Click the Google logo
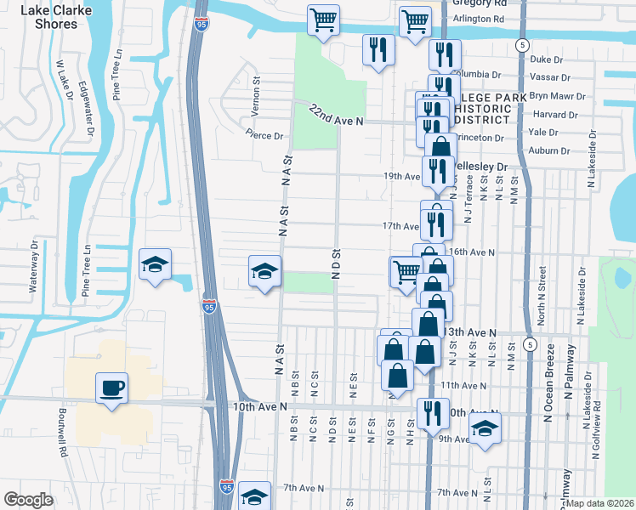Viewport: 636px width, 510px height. pyautogui.click(x=28, y=500)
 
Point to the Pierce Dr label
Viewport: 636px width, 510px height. pyautogui.click(x=264, y=135)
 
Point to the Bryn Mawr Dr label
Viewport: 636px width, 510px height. pyautogui.click(x=558, y=97)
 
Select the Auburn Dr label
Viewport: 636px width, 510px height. pyautogui.click(x=548, y=150)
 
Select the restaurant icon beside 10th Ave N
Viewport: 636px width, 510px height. pyautogui.click(x=433, y=413)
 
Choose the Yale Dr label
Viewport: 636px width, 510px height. pyautogui.click(x=543, y=133)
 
